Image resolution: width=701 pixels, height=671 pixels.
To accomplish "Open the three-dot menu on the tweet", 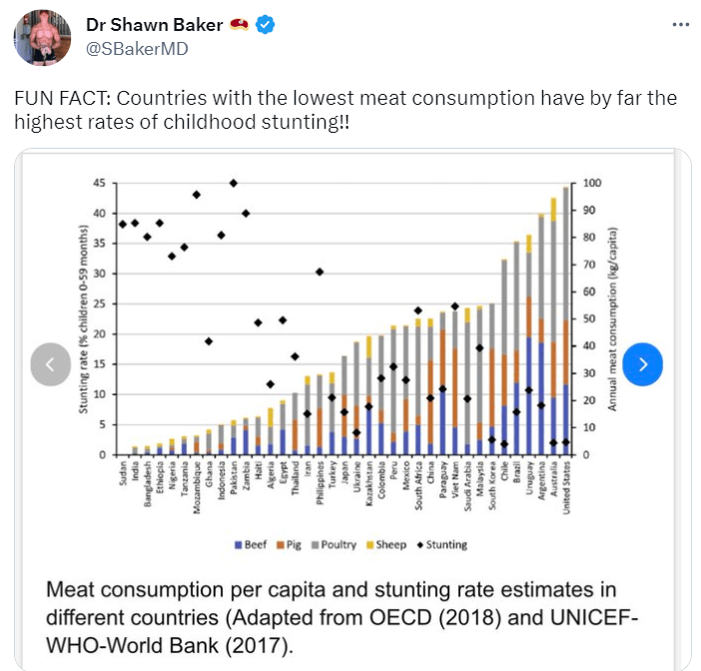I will tap(679, 25).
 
